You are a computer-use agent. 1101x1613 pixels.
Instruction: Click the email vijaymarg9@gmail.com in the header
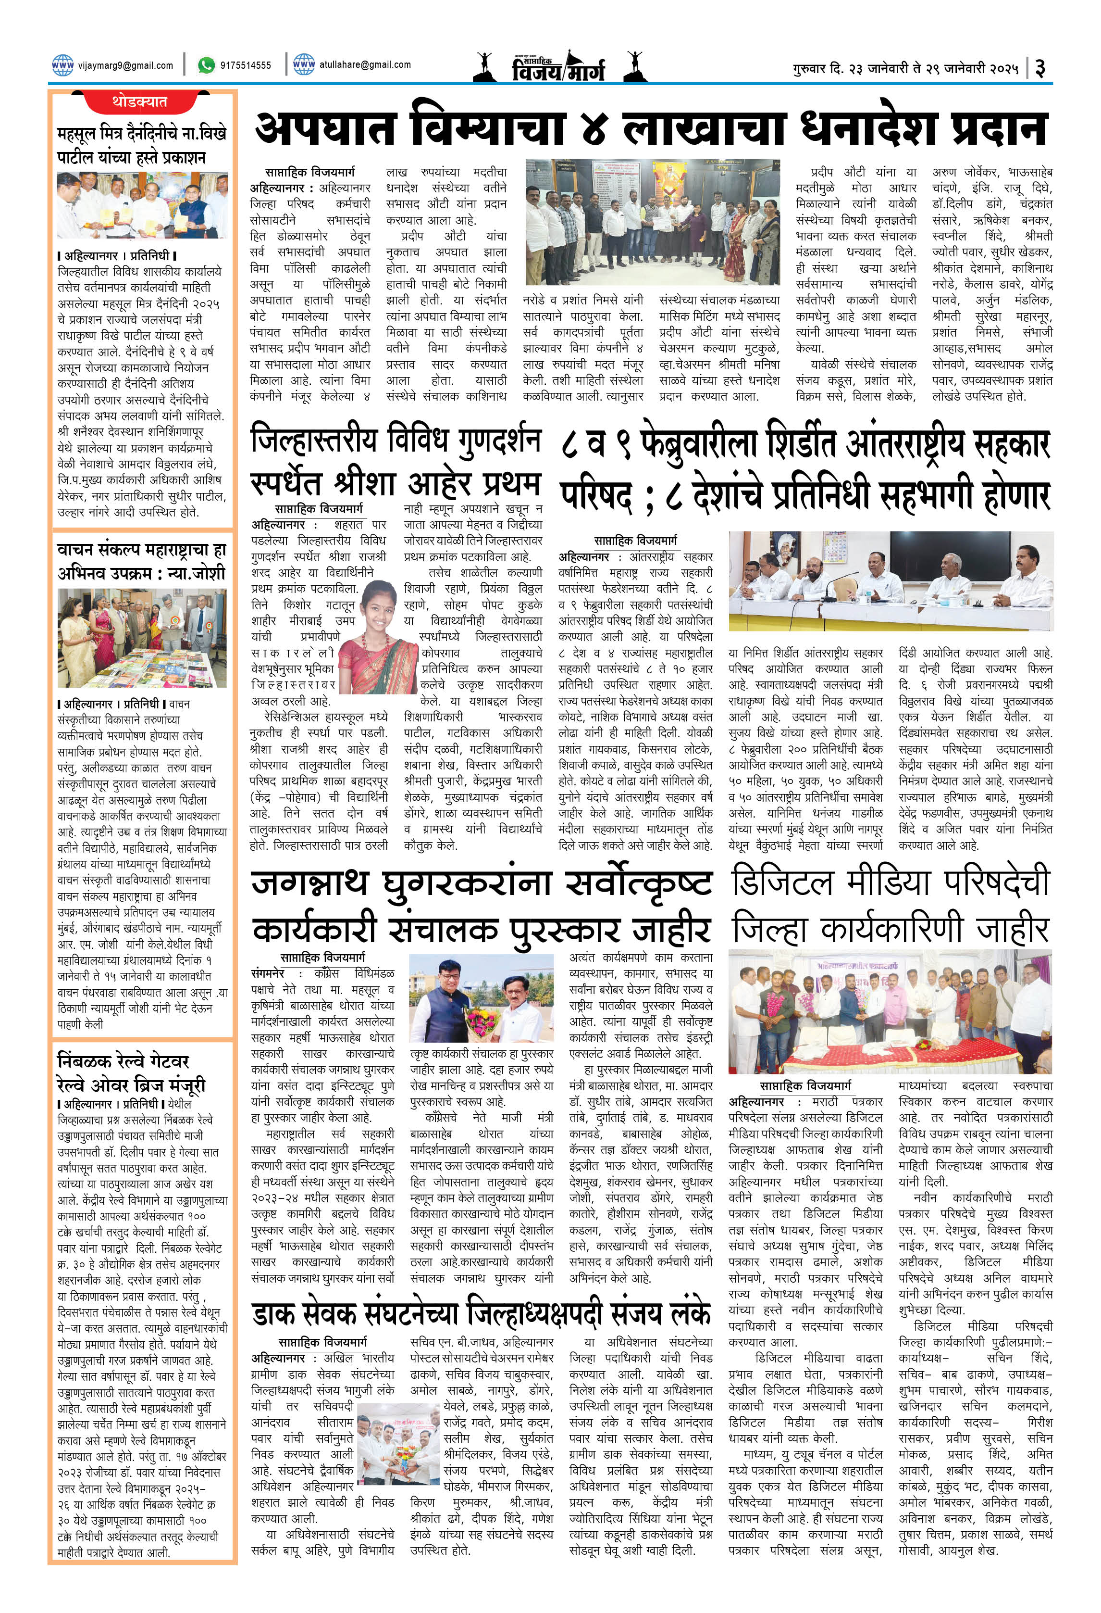pyautogui.click(x=125, y=65)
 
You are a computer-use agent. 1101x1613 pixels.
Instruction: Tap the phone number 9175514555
pyautogui.click(x=245, y=65)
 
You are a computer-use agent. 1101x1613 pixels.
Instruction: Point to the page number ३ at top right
pyautogui.click(x=1040, y=67)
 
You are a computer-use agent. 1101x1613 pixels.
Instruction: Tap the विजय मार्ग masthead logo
pyautogui.click(x=558, y=67)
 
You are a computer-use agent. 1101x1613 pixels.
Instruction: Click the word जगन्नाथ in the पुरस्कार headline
pyautogui.click(x=309, y=883)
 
